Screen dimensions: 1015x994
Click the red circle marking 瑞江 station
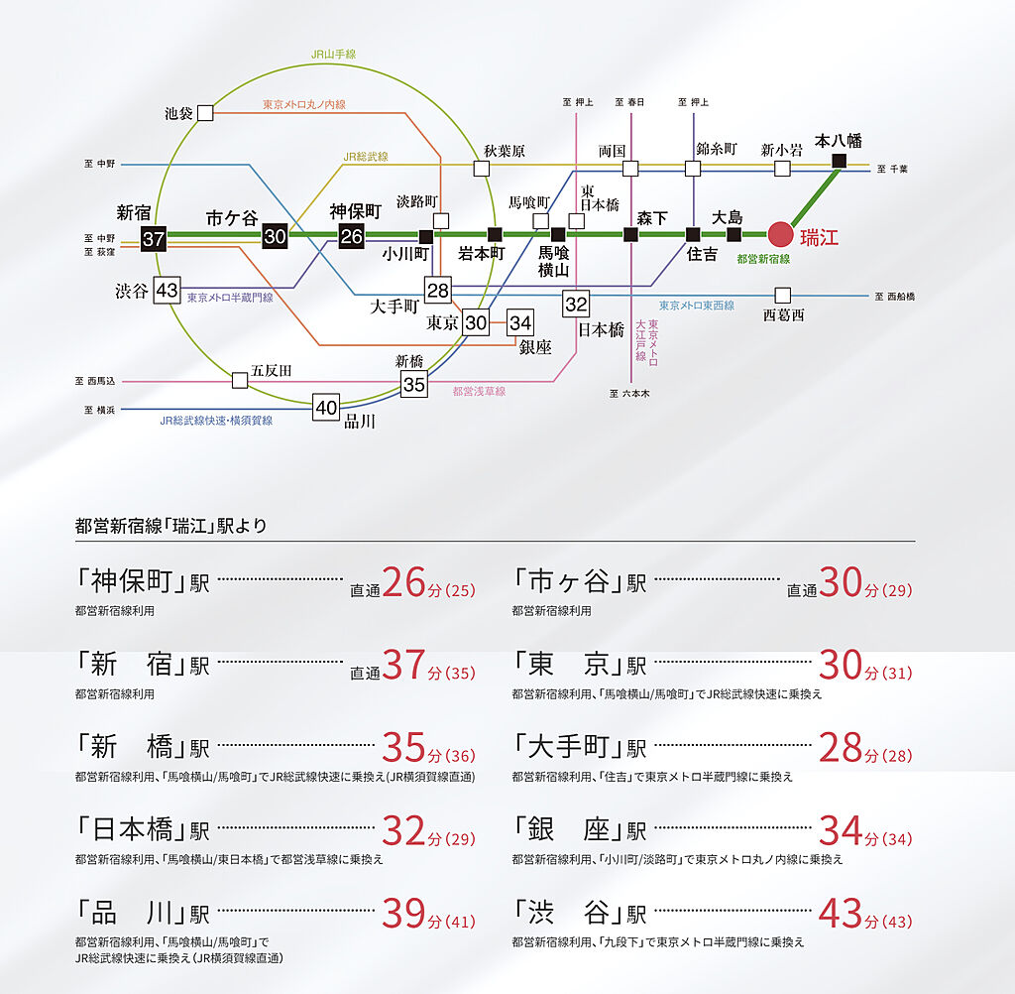781,234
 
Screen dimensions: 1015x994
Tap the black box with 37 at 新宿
154,239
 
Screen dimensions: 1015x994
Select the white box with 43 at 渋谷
167,291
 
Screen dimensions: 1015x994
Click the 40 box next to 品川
326,408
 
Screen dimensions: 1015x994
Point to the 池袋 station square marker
205,113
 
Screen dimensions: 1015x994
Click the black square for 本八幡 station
839,161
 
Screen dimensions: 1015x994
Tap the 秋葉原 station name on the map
505,151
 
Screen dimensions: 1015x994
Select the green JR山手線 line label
333,55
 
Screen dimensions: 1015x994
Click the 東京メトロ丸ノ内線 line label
303,104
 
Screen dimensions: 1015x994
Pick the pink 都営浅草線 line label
479,392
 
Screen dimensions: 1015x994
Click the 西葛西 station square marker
783,296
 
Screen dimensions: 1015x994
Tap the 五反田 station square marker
240,380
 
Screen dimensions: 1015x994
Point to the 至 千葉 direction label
892,169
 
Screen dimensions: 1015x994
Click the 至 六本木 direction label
629,393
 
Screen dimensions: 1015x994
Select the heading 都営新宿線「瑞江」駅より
170,526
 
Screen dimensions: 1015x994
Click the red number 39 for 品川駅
403,913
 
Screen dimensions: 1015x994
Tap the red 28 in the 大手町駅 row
841,748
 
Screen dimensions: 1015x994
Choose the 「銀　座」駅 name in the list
580,830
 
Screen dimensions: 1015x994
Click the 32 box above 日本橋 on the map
576,304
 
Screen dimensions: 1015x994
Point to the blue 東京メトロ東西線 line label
697,306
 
